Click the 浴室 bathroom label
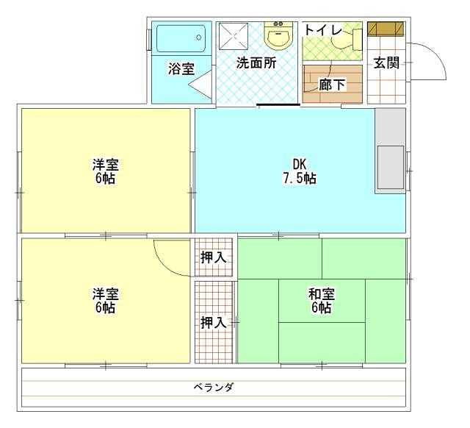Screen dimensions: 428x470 (x=181, y=69)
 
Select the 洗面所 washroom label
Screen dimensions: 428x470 (x=256, y=63)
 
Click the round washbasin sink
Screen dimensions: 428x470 (x=279, y=37)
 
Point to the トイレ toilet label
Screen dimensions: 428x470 (x=322, y=29)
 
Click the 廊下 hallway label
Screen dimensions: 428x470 (x=332, y=85)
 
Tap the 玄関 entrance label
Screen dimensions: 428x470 (x=386, y=63)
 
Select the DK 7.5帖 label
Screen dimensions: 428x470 (x=299, y=171)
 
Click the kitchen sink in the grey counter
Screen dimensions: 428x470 (x=390, y=168)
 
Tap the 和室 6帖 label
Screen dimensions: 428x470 (x=321, y=300)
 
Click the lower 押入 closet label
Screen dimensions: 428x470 (x=213, y=321)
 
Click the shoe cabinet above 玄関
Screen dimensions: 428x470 (x=386, y=29)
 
